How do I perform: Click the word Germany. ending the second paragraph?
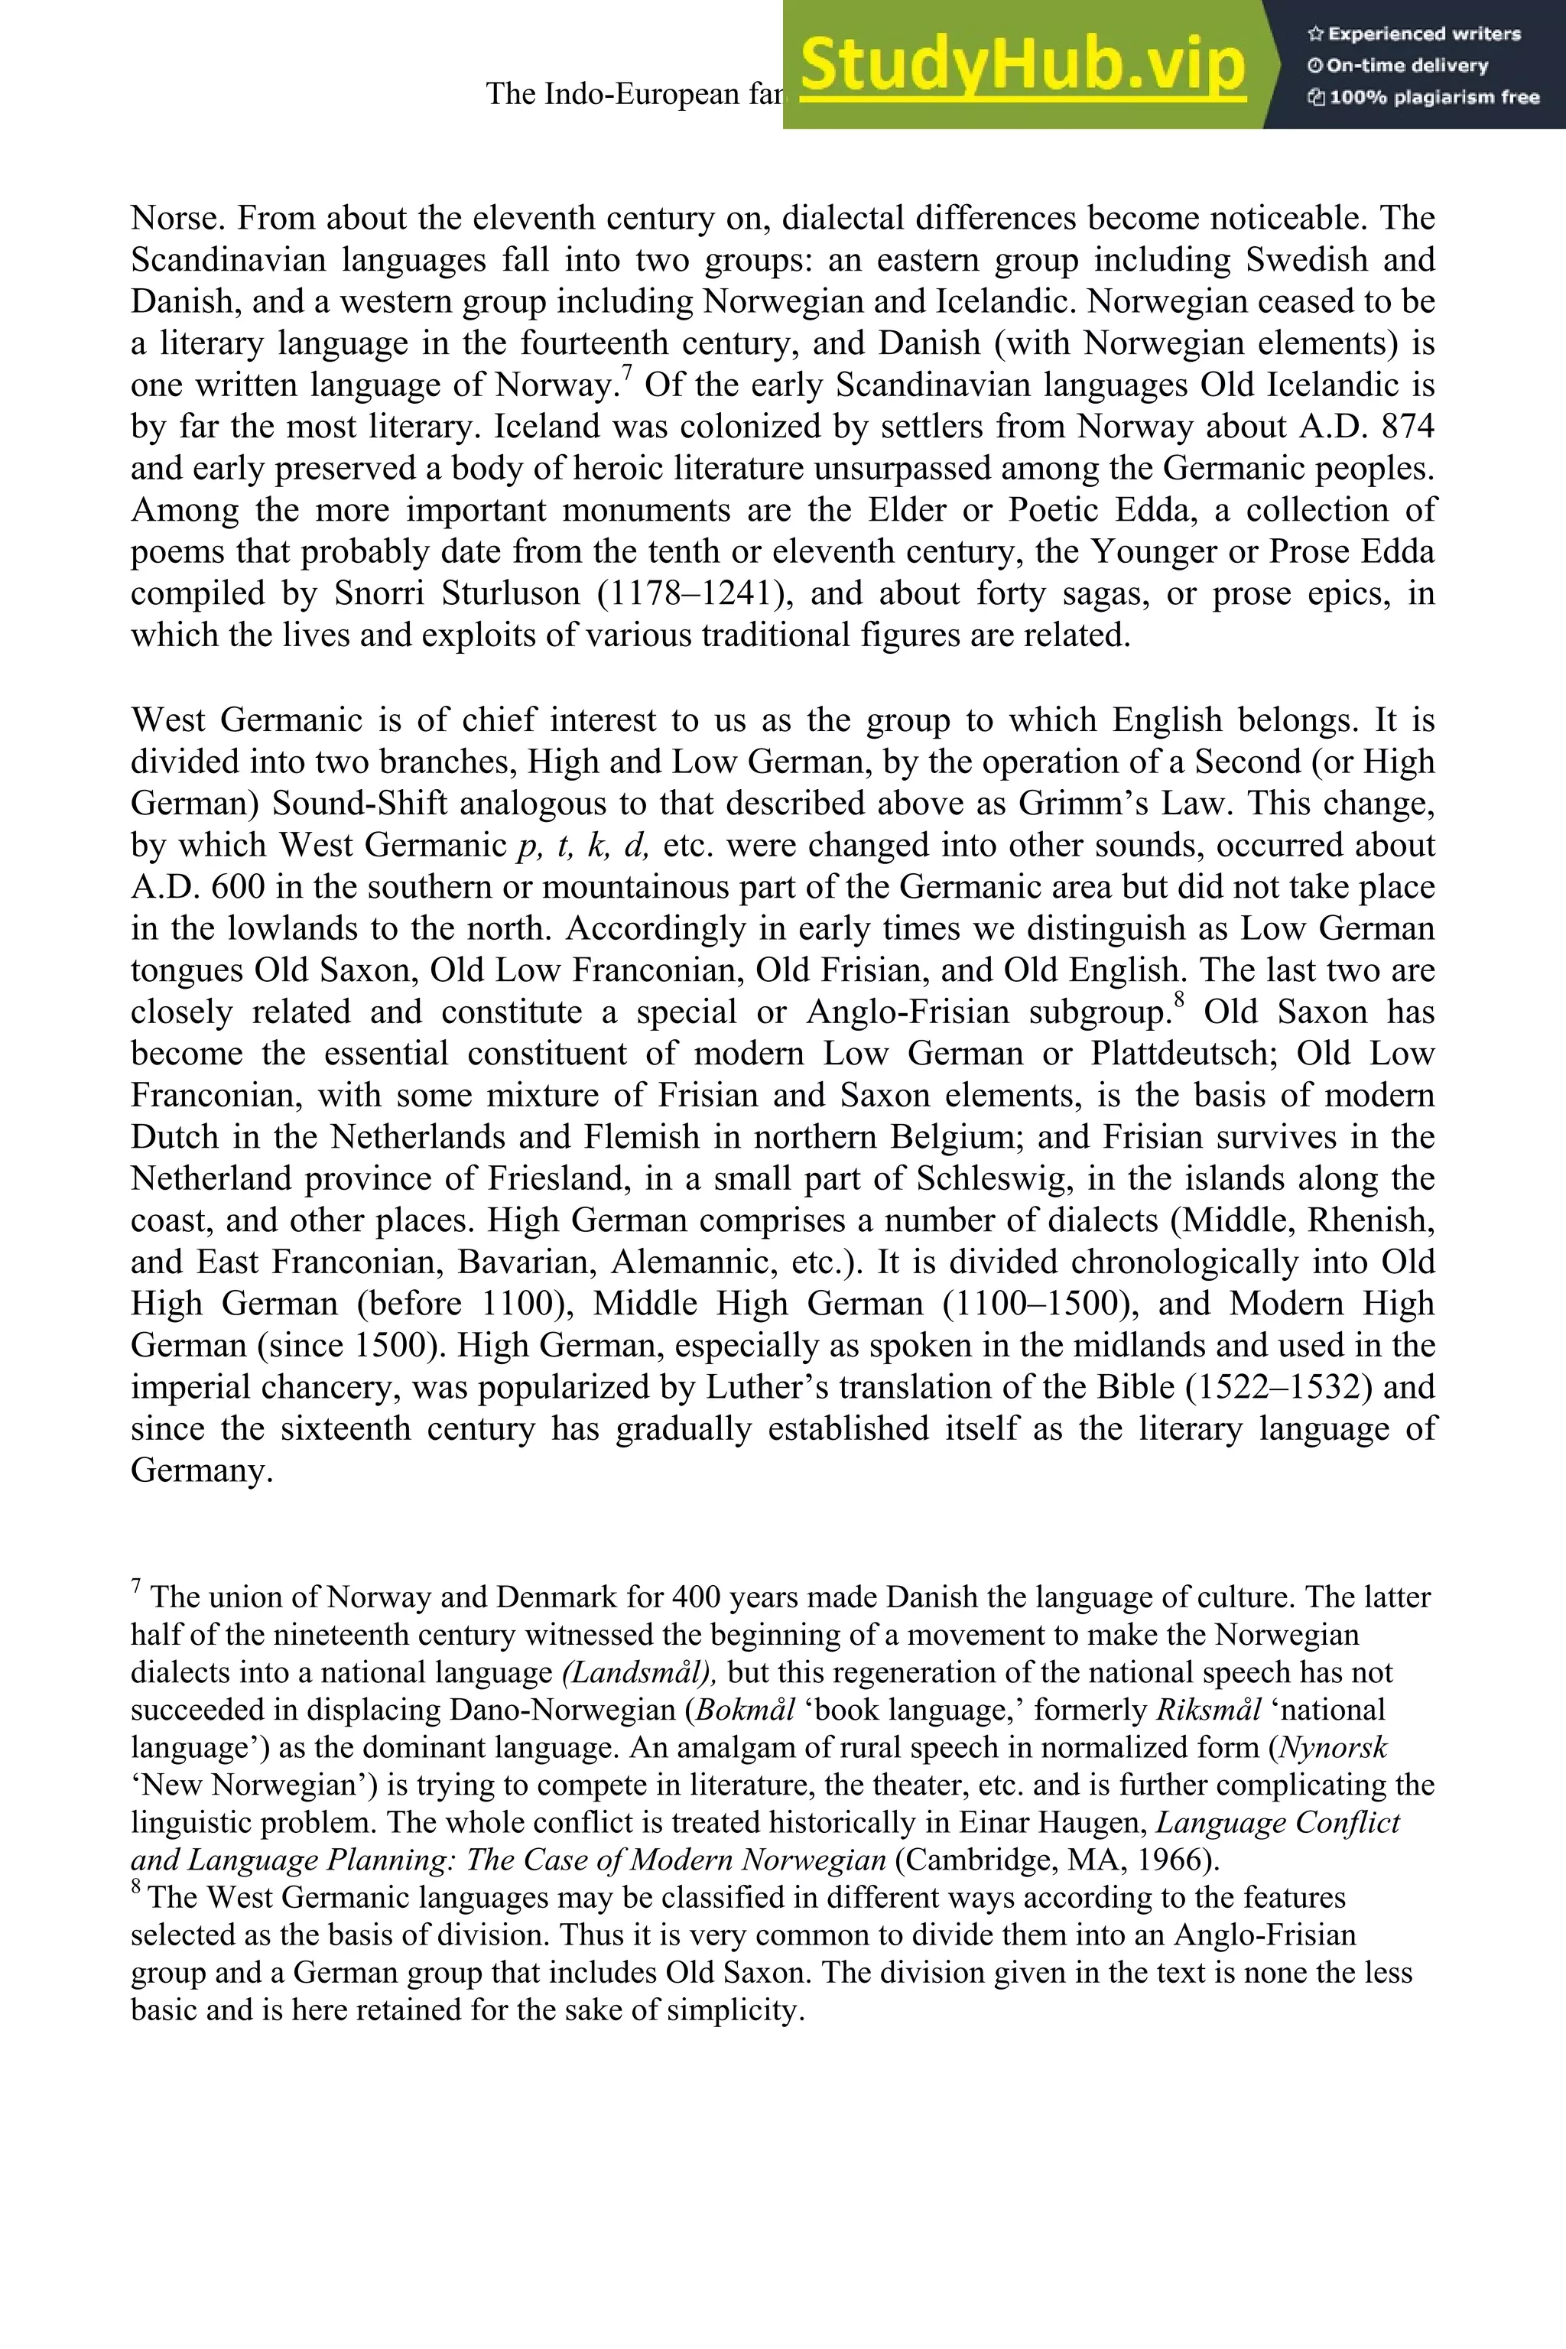pos(202,1471)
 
